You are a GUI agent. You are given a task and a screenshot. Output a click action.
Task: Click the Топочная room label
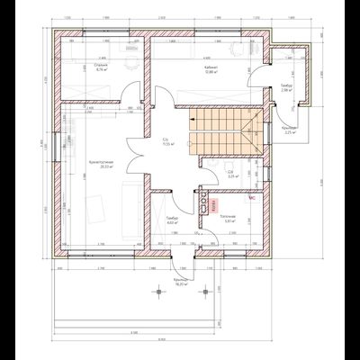tap(229, 217)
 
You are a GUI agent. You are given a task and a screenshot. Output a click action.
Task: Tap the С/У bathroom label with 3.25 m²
tap(231, 175)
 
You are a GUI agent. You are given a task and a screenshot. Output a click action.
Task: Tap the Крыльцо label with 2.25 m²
tap(290, 130)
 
